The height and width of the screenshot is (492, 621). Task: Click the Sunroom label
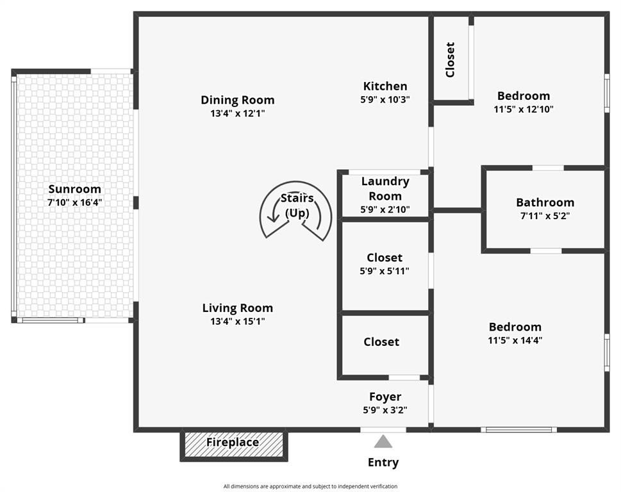tap(75, 189)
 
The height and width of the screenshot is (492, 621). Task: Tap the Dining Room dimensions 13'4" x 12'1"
tap(237, 113)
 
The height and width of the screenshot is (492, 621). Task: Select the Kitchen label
tap(385, 86)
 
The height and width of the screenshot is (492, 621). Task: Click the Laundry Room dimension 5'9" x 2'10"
tap(385, 209)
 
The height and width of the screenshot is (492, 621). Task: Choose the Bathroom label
tap(545, 202)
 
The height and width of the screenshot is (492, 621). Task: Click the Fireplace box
tap(233, 443)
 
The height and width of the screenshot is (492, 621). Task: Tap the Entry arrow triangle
tap(383, 441)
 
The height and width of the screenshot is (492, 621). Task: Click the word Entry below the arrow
tap(383, 462)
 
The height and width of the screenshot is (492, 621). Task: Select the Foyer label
tap(385, 397)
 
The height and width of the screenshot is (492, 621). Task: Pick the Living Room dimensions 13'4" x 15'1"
tap(237, 322)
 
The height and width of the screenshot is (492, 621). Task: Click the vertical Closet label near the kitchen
tap(450, 60)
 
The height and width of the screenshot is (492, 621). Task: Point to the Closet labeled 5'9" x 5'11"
tap(385, 258)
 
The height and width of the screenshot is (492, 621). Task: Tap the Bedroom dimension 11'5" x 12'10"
tap(524, 109)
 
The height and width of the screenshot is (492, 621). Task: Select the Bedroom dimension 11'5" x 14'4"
tap(515, 340)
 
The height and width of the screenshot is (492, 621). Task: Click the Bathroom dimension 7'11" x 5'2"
tap(545, 216)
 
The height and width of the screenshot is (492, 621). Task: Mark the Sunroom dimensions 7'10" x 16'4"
tap(75, 202)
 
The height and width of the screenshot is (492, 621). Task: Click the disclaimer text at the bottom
tap(310, 486)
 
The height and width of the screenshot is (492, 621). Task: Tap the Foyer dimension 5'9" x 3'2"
tap(385, 410)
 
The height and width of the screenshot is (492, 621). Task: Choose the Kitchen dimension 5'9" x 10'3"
tap(385, 99)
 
